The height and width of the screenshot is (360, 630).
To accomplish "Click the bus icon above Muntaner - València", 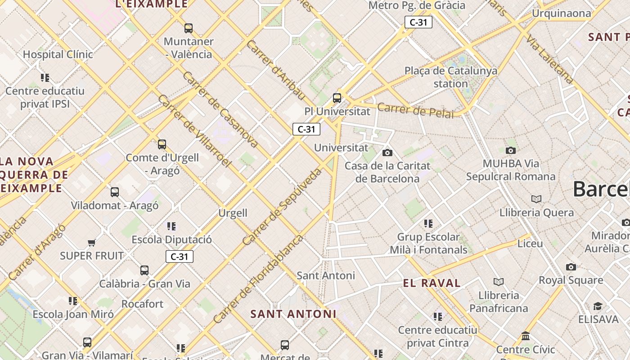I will [189, 28].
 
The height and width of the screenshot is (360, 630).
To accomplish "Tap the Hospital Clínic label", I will [58, 54].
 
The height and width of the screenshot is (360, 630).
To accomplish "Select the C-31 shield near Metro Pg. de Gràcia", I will [418, 22].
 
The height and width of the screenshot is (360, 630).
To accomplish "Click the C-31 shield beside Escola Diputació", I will [180, 256].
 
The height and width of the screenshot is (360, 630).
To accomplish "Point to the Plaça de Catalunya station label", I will [450, 77].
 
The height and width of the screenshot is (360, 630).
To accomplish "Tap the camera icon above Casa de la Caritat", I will [387, 153].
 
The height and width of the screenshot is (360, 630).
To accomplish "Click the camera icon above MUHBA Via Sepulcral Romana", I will [510, 150].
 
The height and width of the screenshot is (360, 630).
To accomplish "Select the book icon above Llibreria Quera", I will [536, 199].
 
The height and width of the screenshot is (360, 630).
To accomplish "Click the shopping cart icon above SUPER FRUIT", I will [92, 243].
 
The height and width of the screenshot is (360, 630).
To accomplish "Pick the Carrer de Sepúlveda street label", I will [282, 207].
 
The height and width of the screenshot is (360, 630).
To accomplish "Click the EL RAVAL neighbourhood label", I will [432, 283].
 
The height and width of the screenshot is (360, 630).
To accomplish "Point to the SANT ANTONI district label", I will [293, 314].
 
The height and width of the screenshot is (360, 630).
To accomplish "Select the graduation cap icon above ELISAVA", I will [597, 306].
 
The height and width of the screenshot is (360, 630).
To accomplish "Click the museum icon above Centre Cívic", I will [526, 336].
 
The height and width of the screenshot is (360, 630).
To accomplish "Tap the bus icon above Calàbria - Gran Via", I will [144, 270].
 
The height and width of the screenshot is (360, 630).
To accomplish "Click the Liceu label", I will [530, 243].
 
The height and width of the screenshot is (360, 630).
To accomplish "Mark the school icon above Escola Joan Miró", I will [73, 301].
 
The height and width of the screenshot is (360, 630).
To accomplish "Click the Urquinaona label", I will [561, 13].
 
